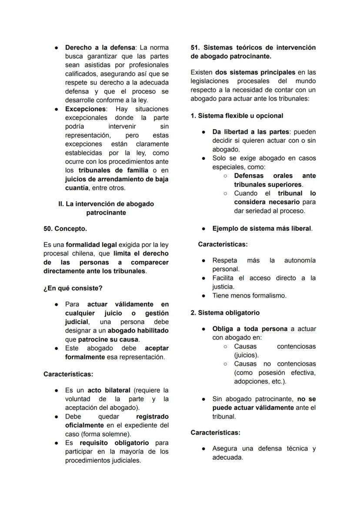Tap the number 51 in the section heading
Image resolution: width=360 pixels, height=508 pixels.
click(x=195, y=47)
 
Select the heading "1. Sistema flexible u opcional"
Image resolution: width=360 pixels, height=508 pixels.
click(x=237, y=116)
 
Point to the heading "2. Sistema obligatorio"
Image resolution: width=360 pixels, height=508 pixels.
click(x=225, y=312)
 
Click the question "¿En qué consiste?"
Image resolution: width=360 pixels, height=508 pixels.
click(x=73, y=288)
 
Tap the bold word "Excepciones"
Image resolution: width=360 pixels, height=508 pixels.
click(x=85, y=109)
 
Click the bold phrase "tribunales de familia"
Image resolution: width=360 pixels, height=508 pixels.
click(x=113, y=170)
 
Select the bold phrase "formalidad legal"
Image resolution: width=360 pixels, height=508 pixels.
click(x=91, y=245)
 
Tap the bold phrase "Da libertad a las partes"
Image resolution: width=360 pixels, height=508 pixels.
click(x=250, y=132)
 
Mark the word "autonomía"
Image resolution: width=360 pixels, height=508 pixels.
click(x=300, y=260)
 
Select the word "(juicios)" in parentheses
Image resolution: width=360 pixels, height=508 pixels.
click(x=246, y=355)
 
